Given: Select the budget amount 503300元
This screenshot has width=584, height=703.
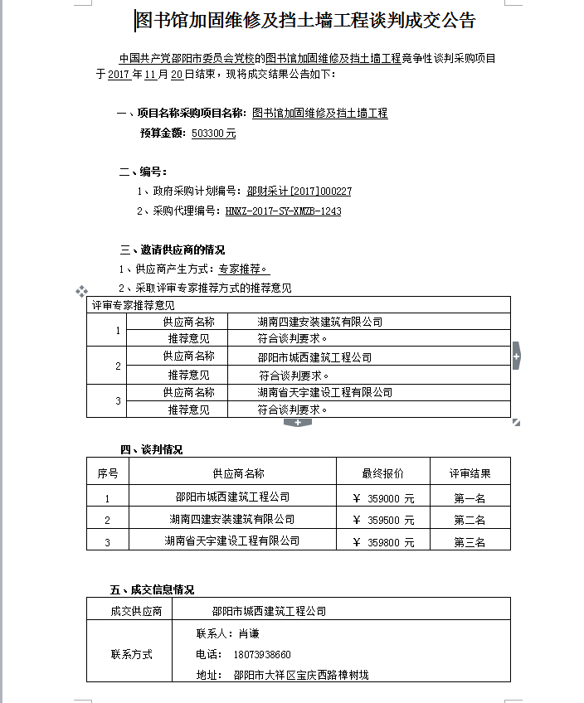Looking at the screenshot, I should [213, 133].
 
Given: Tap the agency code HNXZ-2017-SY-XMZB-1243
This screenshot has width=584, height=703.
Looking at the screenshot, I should [283, 211].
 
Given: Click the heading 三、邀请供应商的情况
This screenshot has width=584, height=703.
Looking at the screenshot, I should [173, 250].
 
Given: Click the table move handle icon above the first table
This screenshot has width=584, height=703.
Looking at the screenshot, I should [81, 291].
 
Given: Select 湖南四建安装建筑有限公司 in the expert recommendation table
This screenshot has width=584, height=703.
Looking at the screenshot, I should [319, 322].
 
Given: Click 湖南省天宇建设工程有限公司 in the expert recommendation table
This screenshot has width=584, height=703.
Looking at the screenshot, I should [324, 392].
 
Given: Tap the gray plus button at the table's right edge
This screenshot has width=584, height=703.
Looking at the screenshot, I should [516, 356].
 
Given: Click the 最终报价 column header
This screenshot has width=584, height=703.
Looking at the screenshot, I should [382, 473].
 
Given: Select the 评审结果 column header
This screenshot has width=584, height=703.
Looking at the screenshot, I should [470, 473].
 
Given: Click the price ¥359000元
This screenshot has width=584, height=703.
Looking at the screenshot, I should [383, 499].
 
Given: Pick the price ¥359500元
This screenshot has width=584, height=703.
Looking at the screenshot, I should [383, 521].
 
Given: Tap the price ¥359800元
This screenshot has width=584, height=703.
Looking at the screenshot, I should [383, 542].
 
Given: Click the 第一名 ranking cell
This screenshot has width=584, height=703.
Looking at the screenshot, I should [470, 499].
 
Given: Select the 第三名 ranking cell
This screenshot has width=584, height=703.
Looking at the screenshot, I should [470, 542].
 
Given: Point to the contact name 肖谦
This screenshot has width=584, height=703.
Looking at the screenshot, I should [249, 633].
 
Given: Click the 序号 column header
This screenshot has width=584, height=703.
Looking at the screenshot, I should [108, 473].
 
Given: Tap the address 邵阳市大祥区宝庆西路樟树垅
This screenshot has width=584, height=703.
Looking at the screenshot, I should [300, 676].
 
